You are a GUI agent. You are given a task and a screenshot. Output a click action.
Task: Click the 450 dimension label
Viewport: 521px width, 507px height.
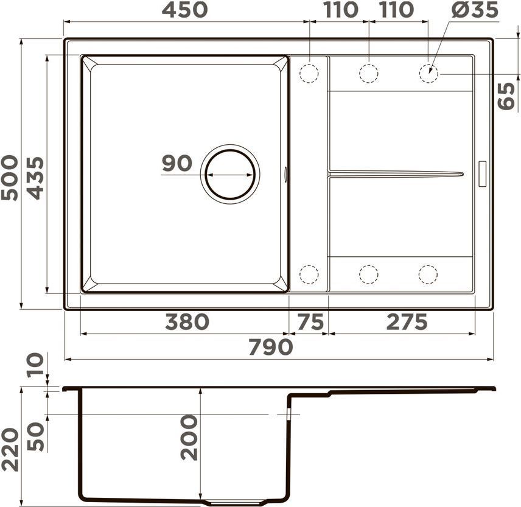(x=184, y=10)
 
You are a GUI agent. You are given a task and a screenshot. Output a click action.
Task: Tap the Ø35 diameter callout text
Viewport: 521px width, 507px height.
(x=475, y=10)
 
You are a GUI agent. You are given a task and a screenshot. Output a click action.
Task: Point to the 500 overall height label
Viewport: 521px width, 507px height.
(x=9, y=178)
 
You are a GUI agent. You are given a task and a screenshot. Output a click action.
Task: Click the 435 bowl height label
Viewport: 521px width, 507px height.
(x=35, y=178)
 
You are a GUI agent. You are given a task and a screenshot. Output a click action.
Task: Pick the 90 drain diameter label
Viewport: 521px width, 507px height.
(x=177, y=163)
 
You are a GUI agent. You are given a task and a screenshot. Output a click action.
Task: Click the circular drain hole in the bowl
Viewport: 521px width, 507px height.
(x=230, y=175)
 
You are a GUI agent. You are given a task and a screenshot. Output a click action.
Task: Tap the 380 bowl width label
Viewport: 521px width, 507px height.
(x=187, y=321)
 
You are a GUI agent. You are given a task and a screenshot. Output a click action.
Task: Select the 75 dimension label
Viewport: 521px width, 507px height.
(x=310, y=321)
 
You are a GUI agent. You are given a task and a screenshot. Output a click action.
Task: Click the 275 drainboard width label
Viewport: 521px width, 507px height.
(x=407, y=321)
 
